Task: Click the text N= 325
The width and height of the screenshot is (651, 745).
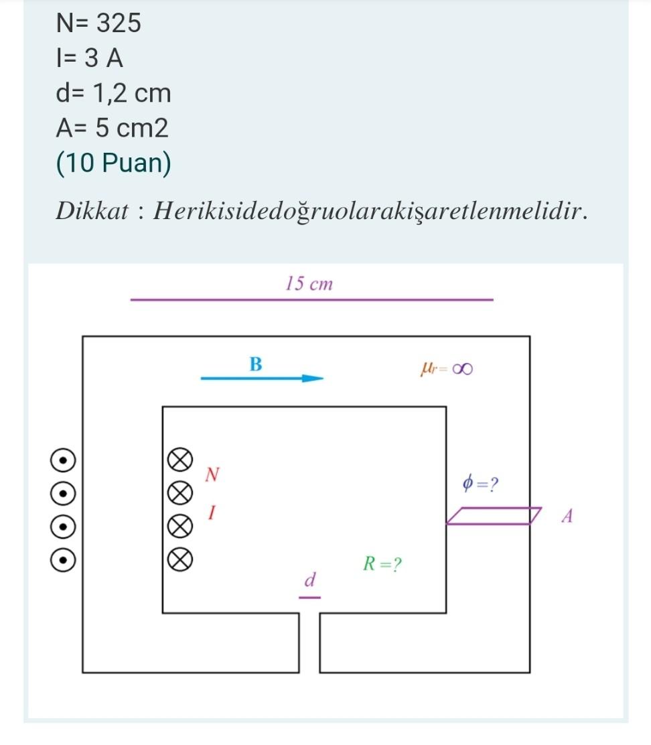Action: pyautogui.click(x=98, y=23)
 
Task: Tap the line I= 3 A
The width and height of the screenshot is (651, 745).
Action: pyautogui.click(x=90, y=58)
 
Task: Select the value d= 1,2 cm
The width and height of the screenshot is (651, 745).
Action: pyautogui.click(x=113, y=93)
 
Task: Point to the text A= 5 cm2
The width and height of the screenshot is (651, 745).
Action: pyautogui.click(x=112, y=128)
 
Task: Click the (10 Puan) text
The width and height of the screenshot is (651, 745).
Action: pyautogui.click(x=113, y=163)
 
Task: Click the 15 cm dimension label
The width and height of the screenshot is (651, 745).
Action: pyautogui.click(x=309, y=283)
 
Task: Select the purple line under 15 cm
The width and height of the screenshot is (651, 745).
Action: pyautogui.click(x=311, y=299)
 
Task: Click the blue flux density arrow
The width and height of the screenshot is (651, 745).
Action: pyautogui.click(x=262, y=378)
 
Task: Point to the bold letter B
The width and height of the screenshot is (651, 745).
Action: pyautogui.click(x=256, y=364)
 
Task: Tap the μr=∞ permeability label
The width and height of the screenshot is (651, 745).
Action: pyautogui.click(x=447, y=368)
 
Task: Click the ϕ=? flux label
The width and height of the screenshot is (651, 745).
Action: pyautogui.click(x=481, y=482)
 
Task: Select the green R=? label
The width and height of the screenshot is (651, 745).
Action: pyautogui.click(x=382, y=564)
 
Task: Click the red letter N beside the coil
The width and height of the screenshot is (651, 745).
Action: pyautogui.click(x=212, y=475)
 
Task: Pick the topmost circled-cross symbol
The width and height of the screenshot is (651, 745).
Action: pyautogui.click(x=179, y=461)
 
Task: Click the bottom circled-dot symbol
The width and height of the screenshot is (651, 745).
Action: pyautogui.click(x=62, y=559)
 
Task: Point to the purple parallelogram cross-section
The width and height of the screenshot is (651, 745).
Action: pyautogui.click(x=494, y=516)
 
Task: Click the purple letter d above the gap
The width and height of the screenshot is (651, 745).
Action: pyautogui.click(x=309, y=580)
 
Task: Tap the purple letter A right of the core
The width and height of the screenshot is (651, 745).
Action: pyautogui.click(x=567, y=517)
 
